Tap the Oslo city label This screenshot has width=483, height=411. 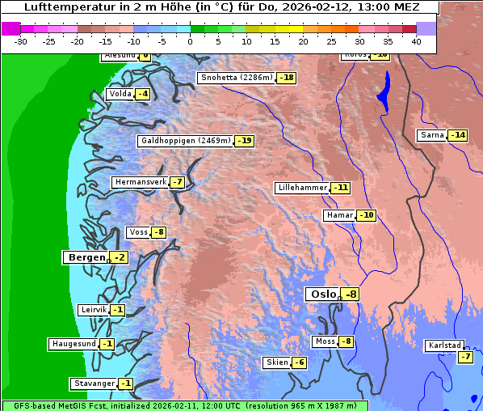(321, 294)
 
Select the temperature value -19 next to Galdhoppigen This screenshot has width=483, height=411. (245, 141)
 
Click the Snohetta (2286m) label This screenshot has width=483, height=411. (236, 78)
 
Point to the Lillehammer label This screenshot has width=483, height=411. (302, 188)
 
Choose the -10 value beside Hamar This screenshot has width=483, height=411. (367, 215)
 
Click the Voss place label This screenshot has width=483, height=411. (138, 232)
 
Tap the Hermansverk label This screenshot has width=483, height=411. (139, 182)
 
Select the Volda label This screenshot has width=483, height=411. (120, 94)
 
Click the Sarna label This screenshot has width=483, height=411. (432, 135)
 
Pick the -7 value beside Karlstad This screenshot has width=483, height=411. (464, 357)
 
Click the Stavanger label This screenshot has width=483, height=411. (93, 383)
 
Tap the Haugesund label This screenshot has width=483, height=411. (73, 343)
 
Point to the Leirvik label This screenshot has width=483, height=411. (93, 310)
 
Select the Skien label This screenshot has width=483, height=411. (277, 362)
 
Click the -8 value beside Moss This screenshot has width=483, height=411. (346, 341)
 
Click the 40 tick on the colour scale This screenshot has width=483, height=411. (416, 41)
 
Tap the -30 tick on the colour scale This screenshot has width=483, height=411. (21, 41)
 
